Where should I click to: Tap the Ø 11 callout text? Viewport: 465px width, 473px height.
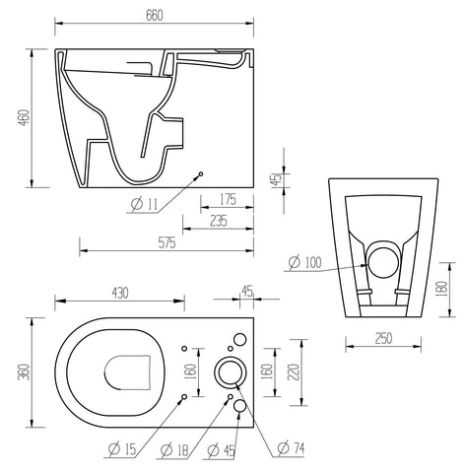pos(142,205)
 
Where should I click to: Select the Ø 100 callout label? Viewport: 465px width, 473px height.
pos(306,261)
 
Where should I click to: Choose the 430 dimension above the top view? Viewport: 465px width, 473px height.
pos(117,294)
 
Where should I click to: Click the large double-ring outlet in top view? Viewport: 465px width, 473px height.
pos(230,372)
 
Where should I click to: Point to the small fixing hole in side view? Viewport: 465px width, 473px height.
pos(200,173)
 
